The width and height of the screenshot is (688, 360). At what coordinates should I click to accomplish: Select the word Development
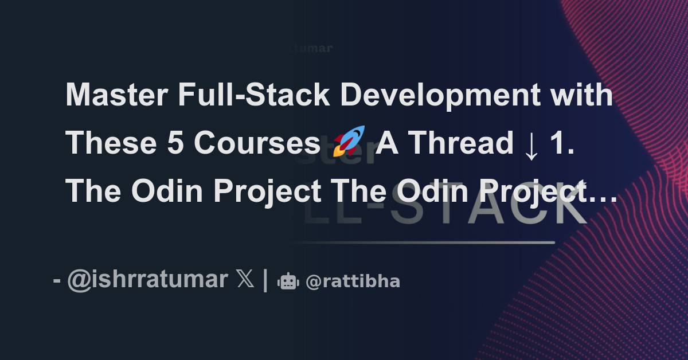tap(439, 96)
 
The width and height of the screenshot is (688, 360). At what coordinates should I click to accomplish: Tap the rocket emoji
tap(349, 142)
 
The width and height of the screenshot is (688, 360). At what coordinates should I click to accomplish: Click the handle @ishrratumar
tap(147, 280)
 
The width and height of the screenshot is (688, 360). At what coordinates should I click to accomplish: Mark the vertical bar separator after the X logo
tap(265, 280)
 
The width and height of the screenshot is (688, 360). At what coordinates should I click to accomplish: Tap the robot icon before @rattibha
tap(288, 281)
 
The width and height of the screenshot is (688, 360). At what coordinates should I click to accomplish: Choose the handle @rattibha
tap(353, 281)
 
